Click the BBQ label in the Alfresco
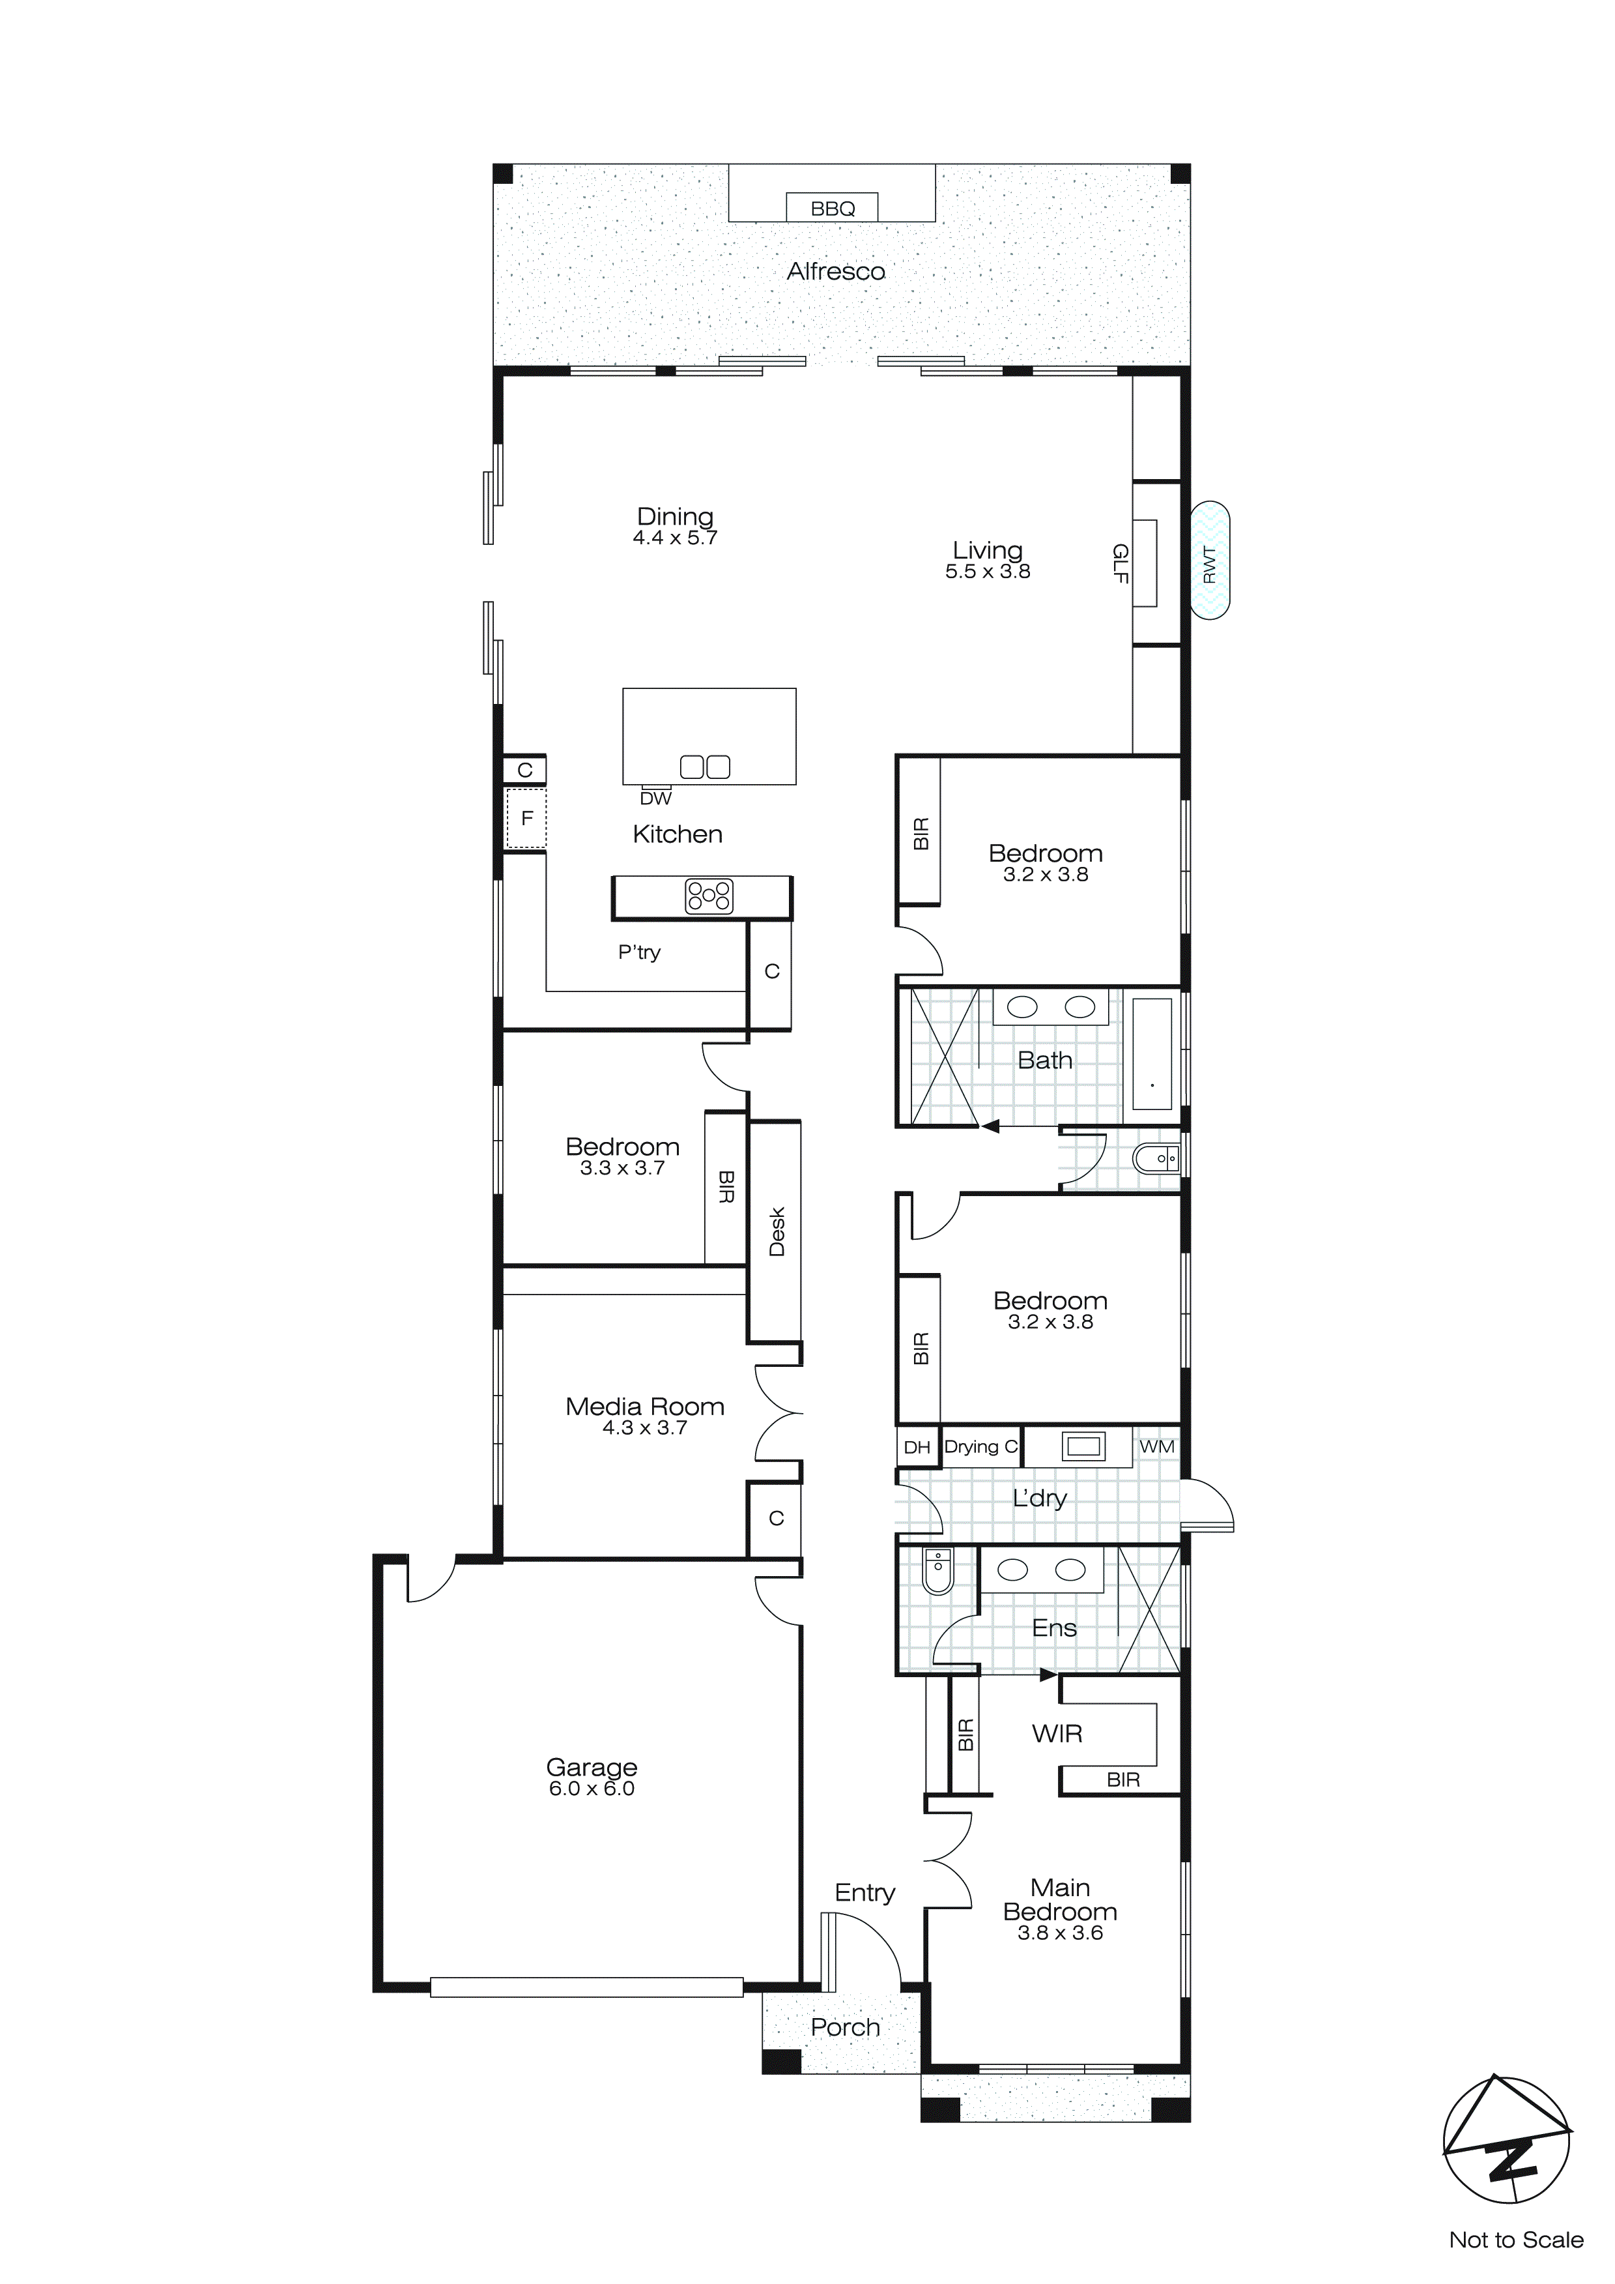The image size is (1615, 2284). pyautogui.click(x=833, y=209)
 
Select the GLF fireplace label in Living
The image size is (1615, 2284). pyautogui.click(x=1121, y=563)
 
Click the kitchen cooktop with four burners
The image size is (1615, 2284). pyautogui.click(x=709, y=896)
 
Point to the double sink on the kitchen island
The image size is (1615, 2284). pyautogui.click(x=705, y=767)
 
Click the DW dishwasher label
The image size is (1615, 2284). pyautogui.click(x=655, y=798)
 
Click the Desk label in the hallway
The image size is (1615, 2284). pyautogui.click(x=777, y=1231)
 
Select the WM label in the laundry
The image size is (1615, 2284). pyautogui.click(x=1156, y=1446)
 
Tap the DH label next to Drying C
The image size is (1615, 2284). pyautogui.click(x=917, y=1448)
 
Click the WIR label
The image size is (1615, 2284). pyautogui.click(x=1057, y=1734)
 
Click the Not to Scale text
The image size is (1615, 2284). pyautogui.click(x=1515, y=2240)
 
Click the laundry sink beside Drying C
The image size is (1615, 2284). pyautogui.click(x=1083, y=1446)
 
